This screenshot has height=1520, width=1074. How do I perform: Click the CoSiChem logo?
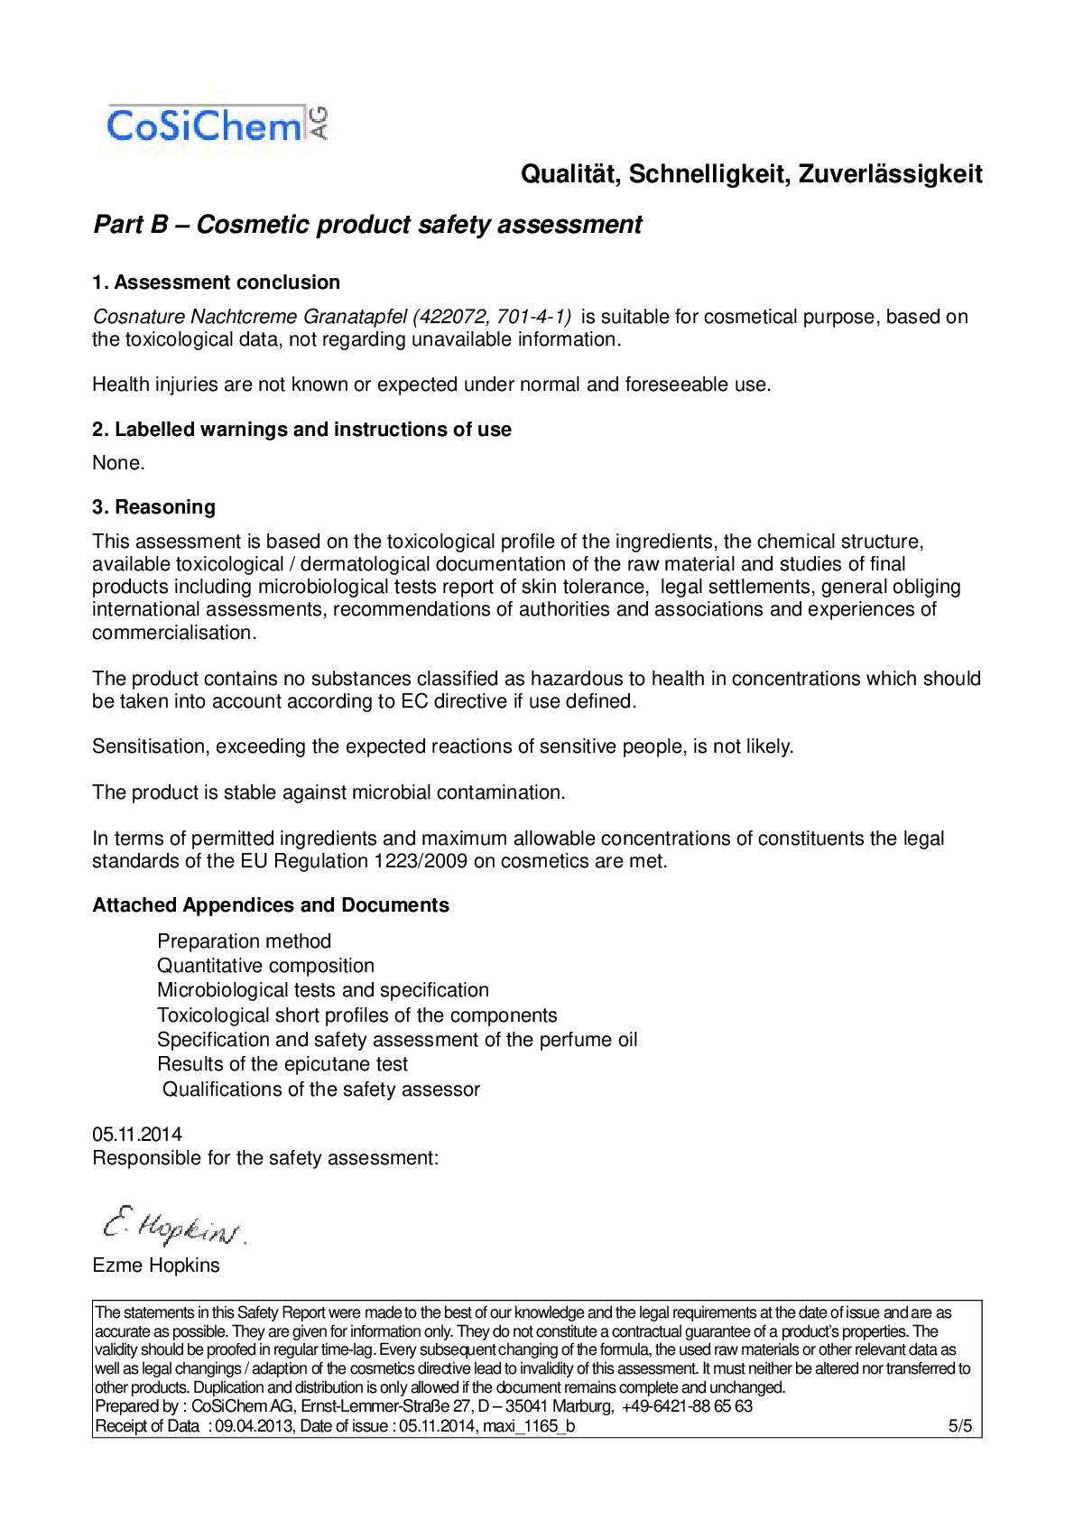pyautogui.click(x=217, y=125)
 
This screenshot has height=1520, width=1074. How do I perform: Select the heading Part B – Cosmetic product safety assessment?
pyautogui.click(x=367, y=225)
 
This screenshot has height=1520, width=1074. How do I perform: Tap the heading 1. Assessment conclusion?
pyautogui.click(x=216, y=283)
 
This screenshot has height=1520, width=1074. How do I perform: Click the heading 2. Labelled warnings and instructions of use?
pyautogui.click(x=301, y=430)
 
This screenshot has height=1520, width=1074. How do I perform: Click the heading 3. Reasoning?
pyautogui.click(x=153, y=507)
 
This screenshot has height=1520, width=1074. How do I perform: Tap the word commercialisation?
pyautogui.click(x=172, y=633)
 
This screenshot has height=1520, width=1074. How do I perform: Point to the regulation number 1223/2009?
pyautogui.click(x=421, y=861)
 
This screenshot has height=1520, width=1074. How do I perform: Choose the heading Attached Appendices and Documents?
pyautogui.click(x=270, y=905)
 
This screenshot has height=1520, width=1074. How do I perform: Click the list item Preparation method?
pyautogui.click(x=244, y=941)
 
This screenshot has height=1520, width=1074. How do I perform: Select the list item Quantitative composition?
pyautogui.click(x=265, y=966)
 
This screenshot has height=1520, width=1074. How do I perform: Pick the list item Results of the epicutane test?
pyautogui.click(x=282, y=1064)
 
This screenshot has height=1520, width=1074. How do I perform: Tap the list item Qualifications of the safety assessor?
pyautogui.click(x=320, y=1089)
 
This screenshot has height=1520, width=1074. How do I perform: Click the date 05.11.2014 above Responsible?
pyautogui.click(x=137, y=1135)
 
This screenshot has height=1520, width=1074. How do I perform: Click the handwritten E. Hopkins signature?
pyautogui.click(x=172, y=1225)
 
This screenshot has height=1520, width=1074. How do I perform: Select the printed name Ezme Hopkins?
pyautogui.click(x=156, y=1265)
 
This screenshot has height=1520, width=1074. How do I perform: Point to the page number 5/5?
pyautogui.click(x=959, y=1426)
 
